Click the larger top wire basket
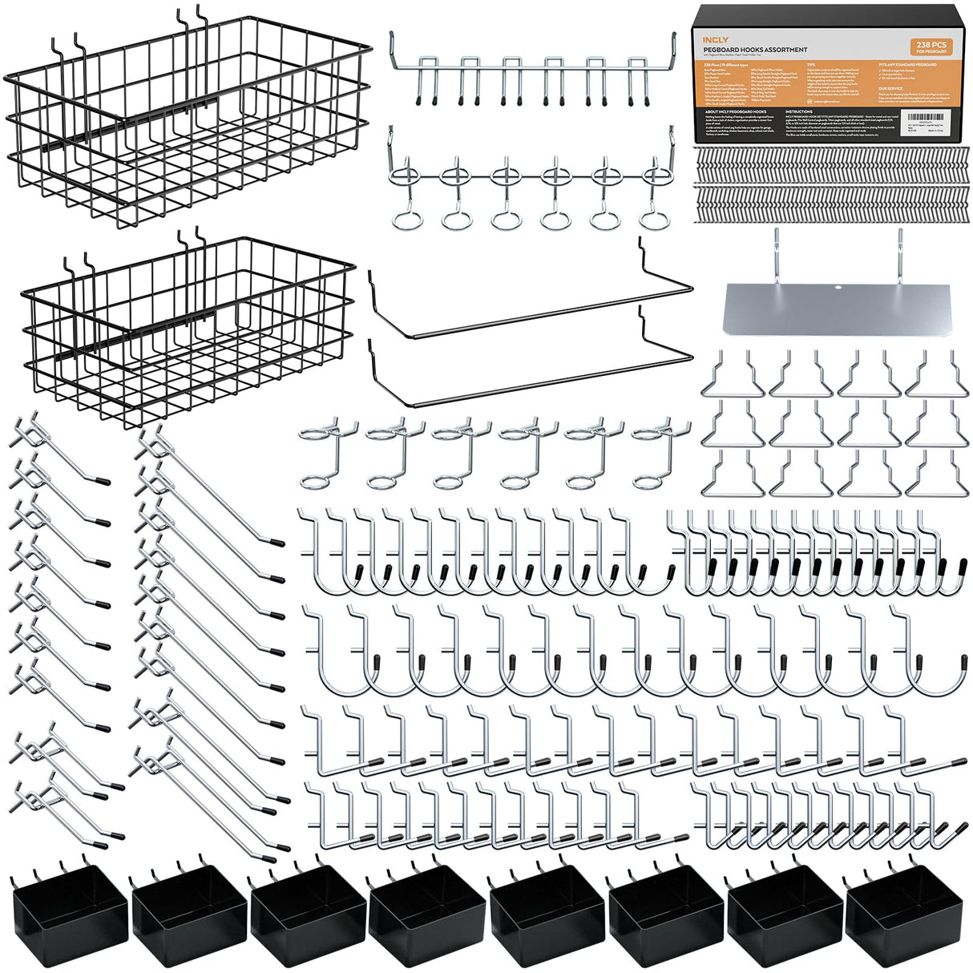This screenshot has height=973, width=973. (188, 120)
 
